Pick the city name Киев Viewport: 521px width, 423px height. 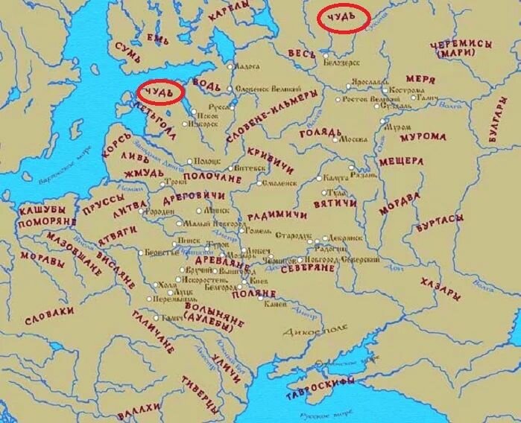pos(259,282)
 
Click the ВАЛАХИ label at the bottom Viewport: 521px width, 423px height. pos(139,408)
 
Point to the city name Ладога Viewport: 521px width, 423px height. pos(247,66)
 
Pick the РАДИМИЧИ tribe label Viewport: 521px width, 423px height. pos(277,216)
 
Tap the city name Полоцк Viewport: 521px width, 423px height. pos(208,160)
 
